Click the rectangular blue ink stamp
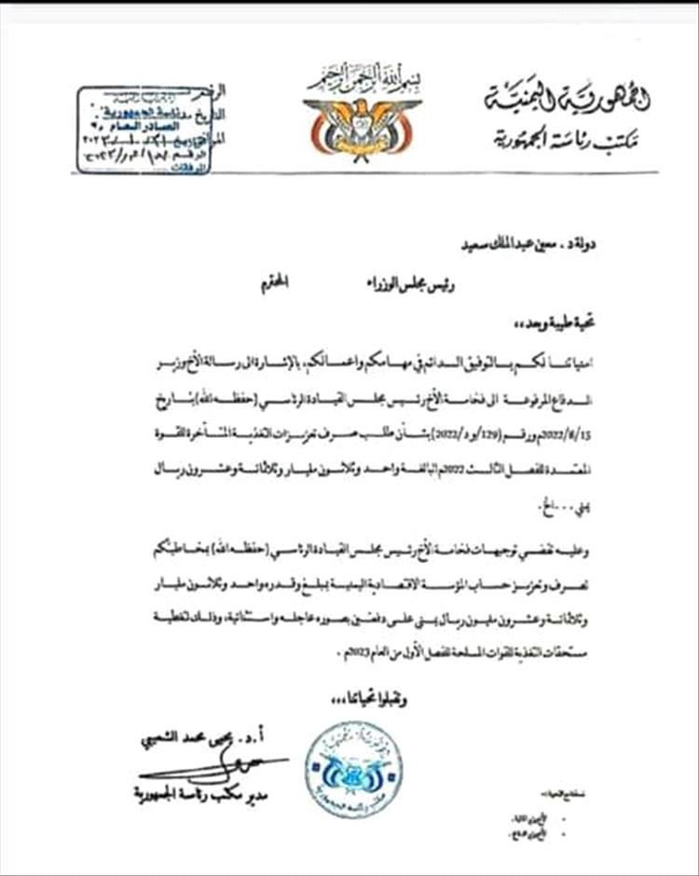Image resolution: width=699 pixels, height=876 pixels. pyautogui.click(x=144, y=130)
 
